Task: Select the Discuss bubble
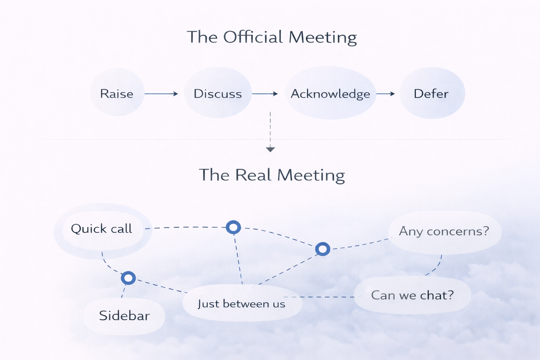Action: point(218,93)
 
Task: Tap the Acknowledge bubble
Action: point(330,94)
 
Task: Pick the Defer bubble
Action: point(431,93)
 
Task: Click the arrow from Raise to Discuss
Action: point(161,94)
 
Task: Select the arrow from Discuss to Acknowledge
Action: point(265,94)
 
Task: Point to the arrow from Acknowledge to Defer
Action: point(386,94)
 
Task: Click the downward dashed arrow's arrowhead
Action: point(270,149)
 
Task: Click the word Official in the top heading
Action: point(253,37)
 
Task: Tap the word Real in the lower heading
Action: point(253,175)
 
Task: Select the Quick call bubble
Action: point(102,229)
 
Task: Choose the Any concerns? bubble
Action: point(444,231)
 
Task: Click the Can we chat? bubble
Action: point(412,295)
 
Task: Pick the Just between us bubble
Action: point(242,303)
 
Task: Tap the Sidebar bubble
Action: point(124,316)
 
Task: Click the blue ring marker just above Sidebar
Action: point(128,278)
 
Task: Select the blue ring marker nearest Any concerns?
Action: point(322,249)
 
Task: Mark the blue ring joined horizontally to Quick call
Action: point(233,227)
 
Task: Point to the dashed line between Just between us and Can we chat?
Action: point(327,297)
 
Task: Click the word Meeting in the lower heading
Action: point(311,175)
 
